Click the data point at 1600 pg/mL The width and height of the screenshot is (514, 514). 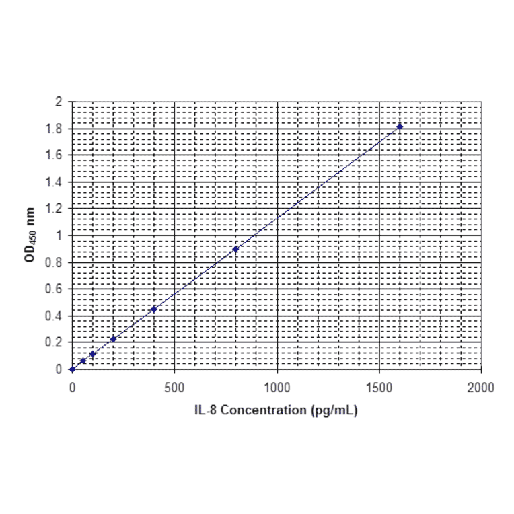coord(400,126)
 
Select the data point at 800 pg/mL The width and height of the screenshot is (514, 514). coord(235,249)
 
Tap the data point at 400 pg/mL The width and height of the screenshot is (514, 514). coord(154,309)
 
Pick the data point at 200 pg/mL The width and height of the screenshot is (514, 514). coord(113,339)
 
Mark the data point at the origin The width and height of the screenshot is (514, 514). coord(72,369)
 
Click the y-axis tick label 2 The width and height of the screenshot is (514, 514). coord(59,102)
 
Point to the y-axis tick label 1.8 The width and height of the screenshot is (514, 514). coord(55,128)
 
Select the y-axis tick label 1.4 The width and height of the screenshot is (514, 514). coord(55,182)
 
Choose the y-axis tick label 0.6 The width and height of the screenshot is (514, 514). coord(55,289)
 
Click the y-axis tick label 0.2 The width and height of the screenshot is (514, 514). coord(55,342)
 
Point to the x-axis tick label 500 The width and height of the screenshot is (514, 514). coord(174,388)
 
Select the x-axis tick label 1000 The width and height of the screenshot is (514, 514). coord(277,388)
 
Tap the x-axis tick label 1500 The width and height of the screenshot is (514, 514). coord(379,388)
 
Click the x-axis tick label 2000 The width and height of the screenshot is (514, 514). coord(481,388)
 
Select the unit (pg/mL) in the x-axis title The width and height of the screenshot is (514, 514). coord(332,410)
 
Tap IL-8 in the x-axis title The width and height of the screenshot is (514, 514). coord(207,410)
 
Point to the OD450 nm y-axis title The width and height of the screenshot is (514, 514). coord(30,235)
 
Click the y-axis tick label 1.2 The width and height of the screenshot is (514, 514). coord(55,209)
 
